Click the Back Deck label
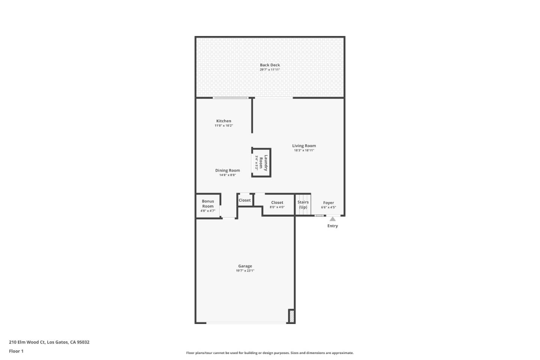(x=270, y=65)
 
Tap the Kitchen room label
(x=223, y=121)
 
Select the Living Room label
(x=304, y=145)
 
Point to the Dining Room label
(x=228, y=170)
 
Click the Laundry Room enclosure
(x=261, y=163)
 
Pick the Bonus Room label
(x=208, y=204)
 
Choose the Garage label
(x=245, y=266)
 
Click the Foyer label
(x=328, y=202)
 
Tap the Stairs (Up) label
(x=303, y=204)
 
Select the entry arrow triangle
(x=333, y=219)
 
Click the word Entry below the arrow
(x=333, y=226)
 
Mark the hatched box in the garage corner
(x=291, y=316)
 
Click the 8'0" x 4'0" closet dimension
(x=277, y=207)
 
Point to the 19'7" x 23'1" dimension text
(x=245, y=271)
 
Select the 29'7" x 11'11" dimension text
(x=270, y=70)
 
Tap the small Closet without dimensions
(x=244, y=200)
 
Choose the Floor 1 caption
(x=16, y=351)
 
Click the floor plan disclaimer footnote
(x=270, y=353)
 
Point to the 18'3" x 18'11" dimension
(x=304, y=150)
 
